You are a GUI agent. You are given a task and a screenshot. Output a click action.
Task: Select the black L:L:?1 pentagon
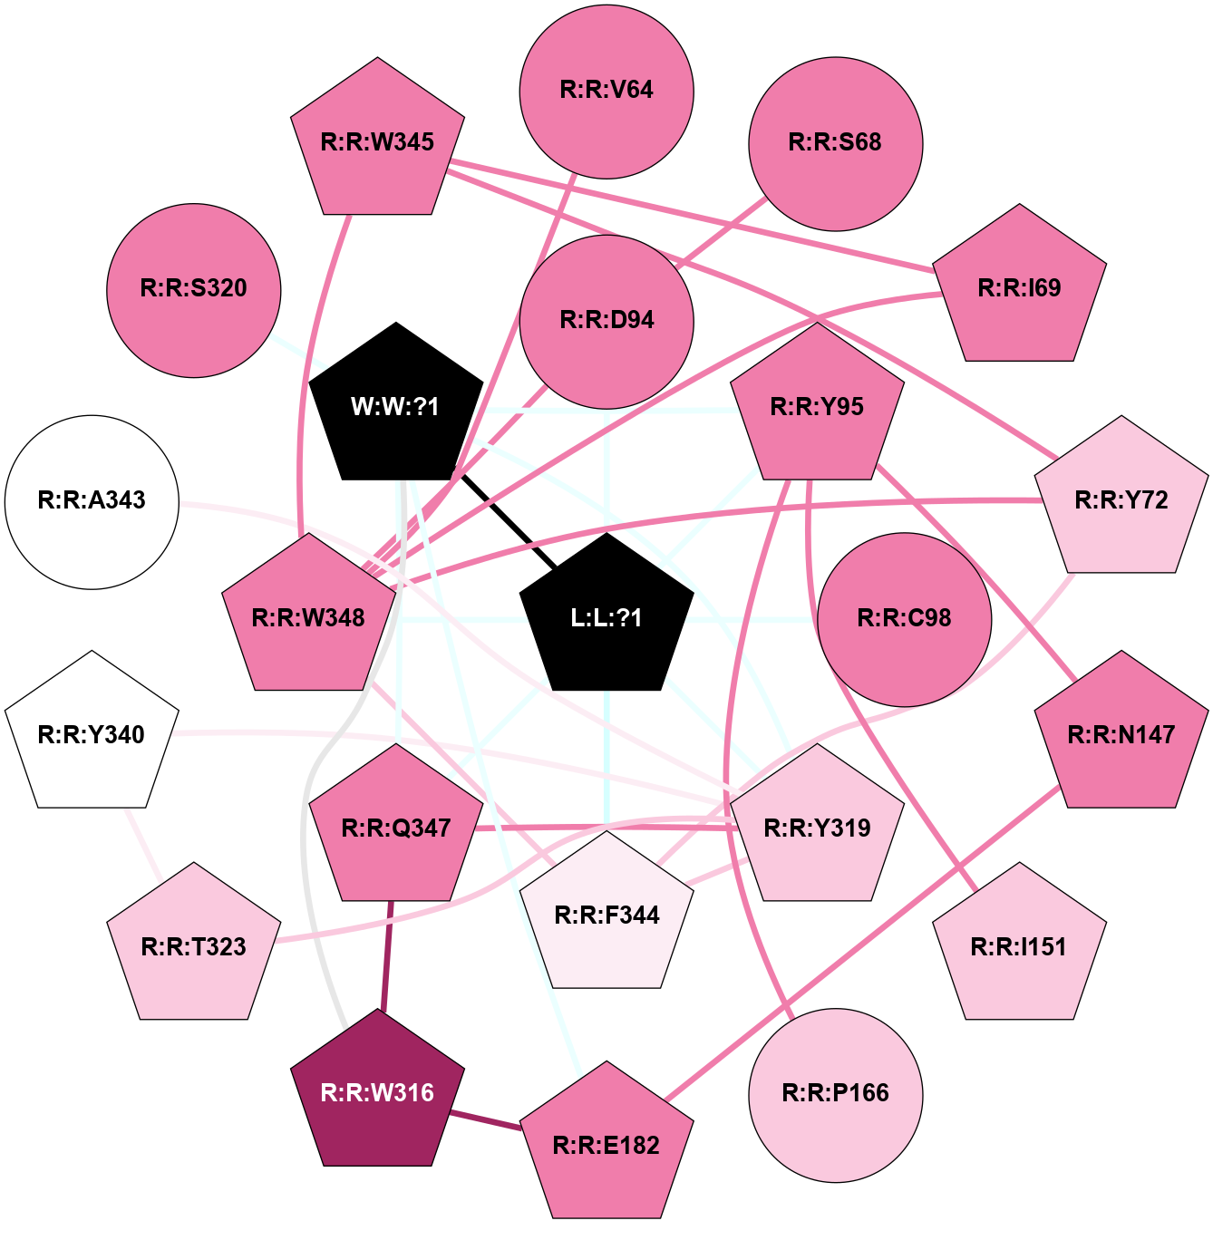coord(606,616)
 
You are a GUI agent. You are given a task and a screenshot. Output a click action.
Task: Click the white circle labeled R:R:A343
coord(92,502)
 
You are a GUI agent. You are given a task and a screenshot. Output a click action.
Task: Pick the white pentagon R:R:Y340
coord(92,733)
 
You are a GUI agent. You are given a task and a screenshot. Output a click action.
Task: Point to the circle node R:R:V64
coord(606,92)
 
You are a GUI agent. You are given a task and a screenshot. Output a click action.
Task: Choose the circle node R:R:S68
coord(835,144)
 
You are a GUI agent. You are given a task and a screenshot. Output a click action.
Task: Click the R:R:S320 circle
coord(193,291)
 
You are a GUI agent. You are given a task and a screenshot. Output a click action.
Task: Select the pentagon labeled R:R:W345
coord(377,140)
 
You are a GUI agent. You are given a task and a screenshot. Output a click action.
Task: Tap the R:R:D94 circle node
coord(606,322)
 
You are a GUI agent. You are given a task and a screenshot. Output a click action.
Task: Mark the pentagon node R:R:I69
coord(1019,286)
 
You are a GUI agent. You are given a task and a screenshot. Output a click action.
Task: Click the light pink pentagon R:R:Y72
coord(1121,499)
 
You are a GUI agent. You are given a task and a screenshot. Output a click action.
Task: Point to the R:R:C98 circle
coord(904,619)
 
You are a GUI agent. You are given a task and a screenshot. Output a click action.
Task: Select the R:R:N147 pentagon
coord(1121,733)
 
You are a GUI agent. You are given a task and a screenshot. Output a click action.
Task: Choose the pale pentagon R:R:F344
coord(606,914)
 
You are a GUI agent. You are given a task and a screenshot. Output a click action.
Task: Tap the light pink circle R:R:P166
coord(835,1095)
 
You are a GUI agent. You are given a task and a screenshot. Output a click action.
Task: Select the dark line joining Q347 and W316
coord(387,955)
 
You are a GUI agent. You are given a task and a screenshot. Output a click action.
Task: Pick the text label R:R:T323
coord(193,946)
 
